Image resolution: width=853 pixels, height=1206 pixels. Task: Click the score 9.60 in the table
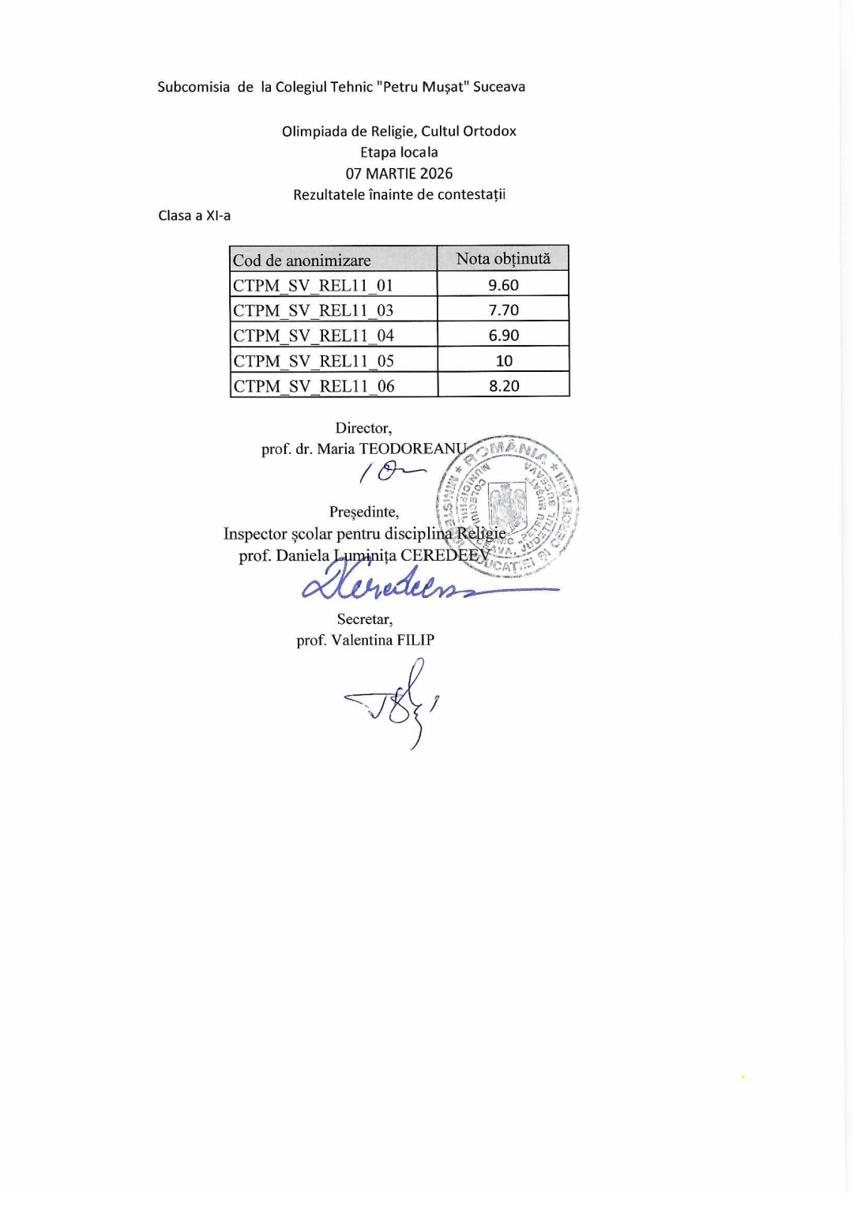point(503,285)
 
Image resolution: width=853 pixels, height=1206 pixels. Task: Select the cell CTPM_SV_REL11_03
point(313,310)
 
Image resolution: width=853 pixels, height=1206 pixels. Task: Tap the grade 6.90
point(503,336)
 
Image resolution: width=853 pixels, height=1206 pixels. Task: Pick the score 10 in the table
point(504,361)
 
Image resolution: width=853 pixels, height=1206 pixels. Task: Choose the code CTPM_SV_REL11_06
point(314,386)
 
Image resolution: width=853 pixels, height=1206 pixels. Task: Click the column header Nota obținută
point(503,259)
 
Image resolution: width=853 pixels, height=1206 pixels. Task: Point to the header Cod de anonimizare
point(302,261)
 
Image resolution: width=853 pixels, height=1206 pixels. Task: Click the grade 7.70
point(503,310)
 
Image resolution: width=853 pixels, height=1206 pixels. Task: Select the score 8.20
point(504,386)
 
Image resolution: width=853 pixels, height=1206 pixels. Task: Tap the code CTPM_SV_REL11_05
point(314,361)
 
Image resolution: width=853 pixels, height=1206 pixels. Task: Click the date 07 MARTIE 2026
point(399,174)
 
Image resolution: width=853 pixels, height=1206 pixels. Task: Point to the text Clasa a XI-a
point(194,216)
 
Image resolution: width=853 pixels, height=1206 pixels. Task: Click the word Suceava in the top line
point(498,87)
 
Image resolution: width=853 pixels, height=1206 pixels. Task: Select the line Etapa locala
point(399,152)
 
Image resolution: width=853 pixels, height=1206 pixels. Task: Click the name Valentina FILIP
point(382,641)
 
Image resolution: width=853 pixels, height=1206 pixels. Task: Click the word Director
point(363,428)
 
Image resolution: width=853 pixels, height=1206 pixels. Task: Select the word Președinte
point(364,512)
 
